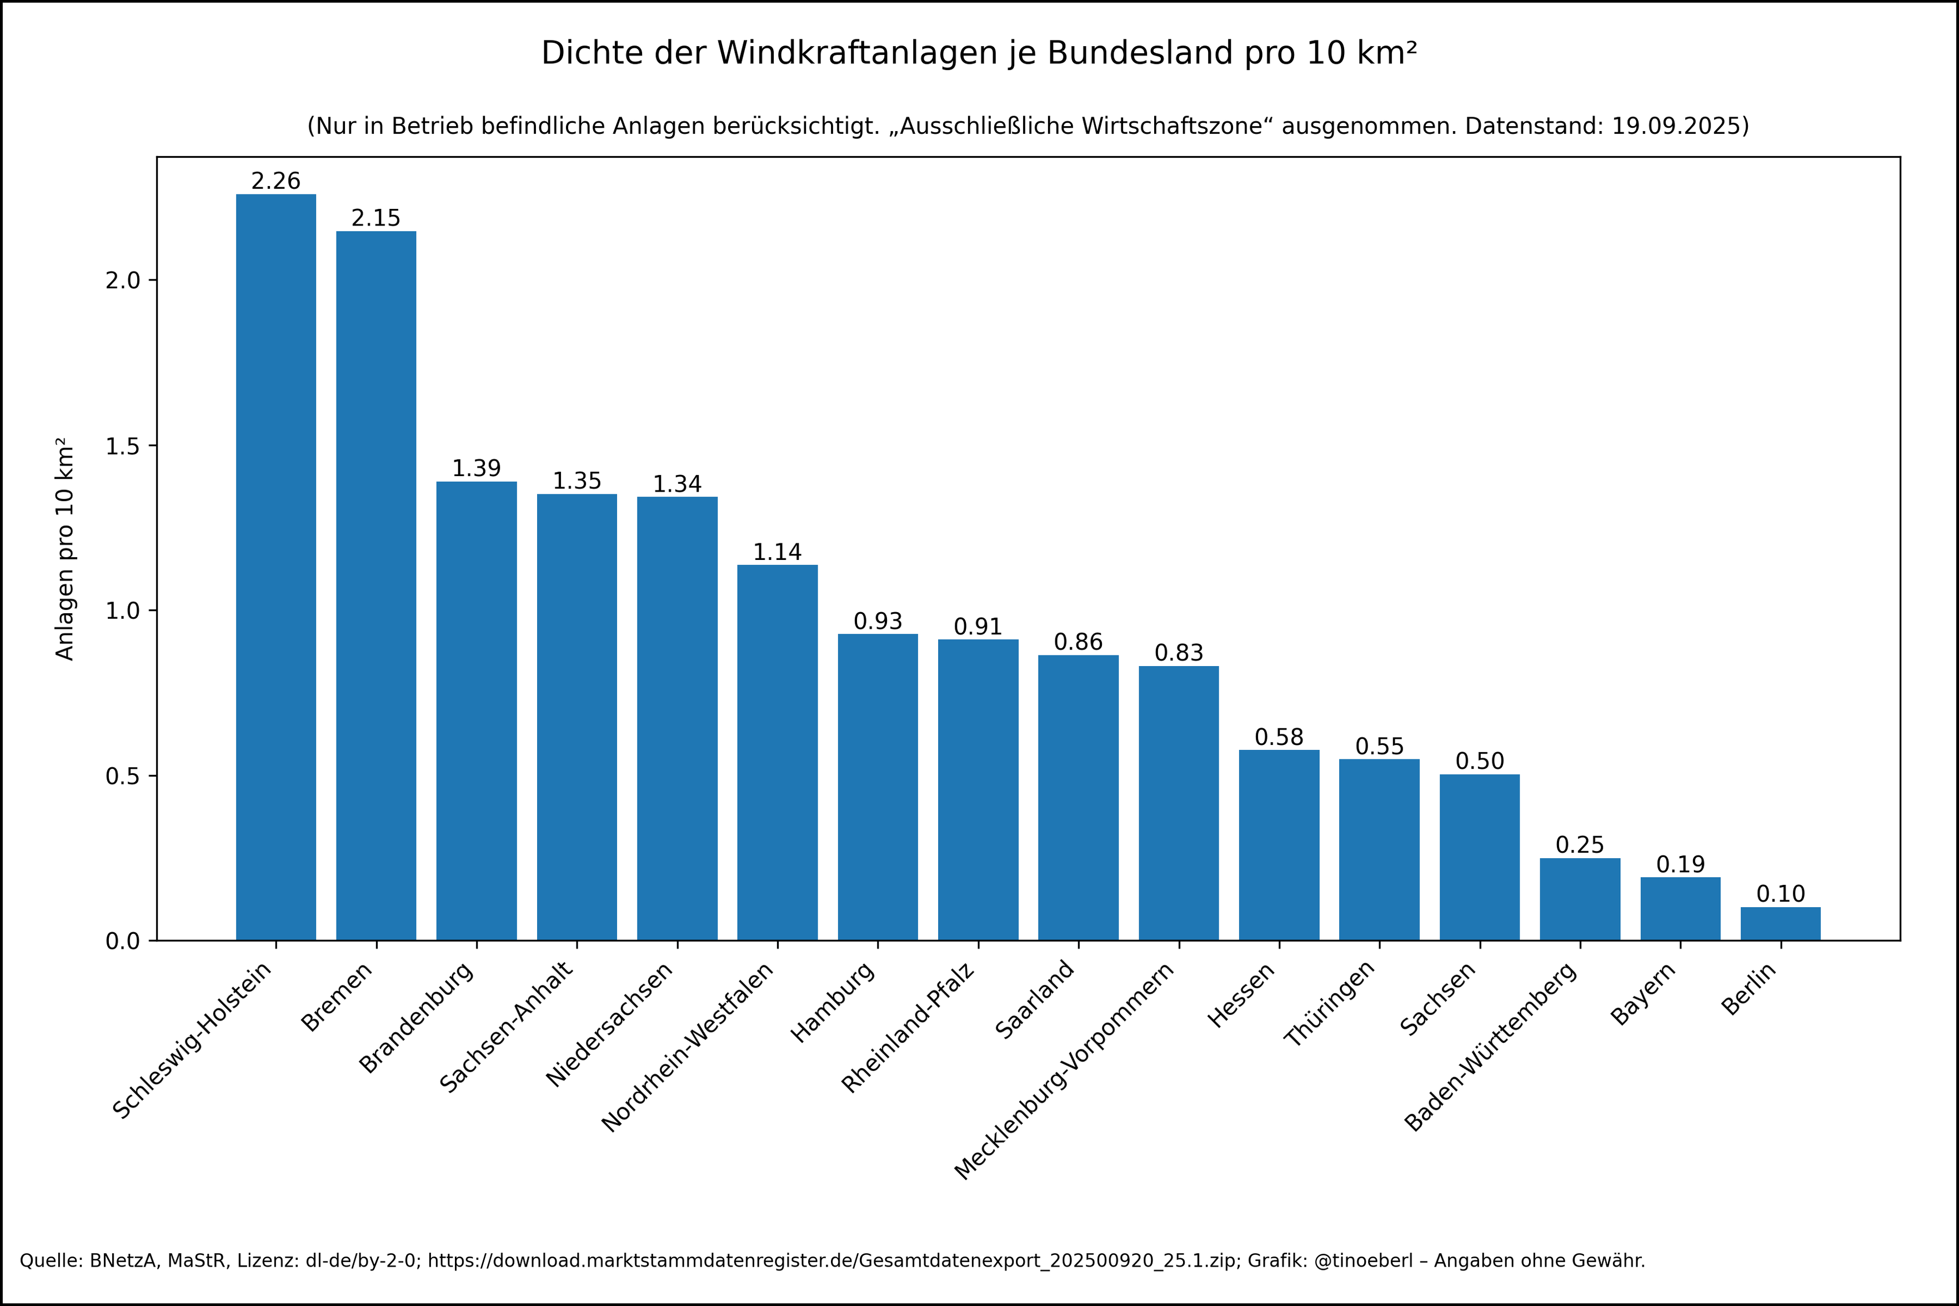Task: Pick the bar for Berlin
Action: point(1780,924)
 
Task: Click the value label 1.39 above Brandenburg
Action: point(476,468)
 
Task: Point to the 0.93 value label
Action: point(878,622)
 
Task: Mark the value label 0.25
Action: point(1579,845)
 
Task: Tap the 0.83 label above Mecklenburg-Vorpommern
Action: point(1178,653)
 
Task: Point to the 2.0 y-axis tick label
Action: point(122,281)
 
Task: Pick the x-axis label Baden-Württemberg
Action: point(1490,1047)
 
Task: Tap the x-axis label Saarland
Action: point(1035,999)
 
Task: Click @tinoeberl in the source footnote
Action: point(1363,1260)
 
